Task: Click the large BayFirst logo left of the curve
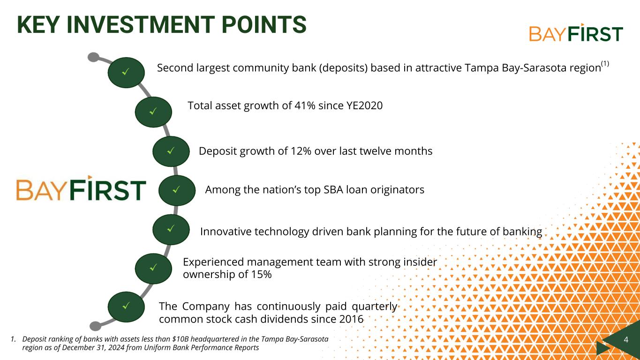pos(81,189)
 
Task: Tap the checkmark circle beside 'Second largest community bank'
pos(126,72)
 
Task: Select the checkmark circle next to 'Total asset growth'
pos(153,112)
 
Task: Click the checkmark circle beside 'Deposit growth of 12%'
pos(171,151)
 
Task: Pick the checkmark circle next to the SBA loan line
pos(177,190)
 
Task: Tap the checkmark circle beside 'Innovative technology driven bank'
pos(171,229)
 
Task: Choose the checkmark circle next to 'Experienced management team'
pos(153,268)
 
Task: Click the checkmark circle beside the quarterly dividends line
pos(126,307)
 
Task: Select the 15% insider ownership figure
pos(261,275)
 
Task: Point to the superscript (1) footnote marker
pos(605,64)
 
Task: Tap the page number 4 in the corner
pos(626,339)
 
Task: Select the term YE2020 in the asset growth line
pos(364,106)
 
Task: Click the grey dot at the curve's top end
pos(93,57)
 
